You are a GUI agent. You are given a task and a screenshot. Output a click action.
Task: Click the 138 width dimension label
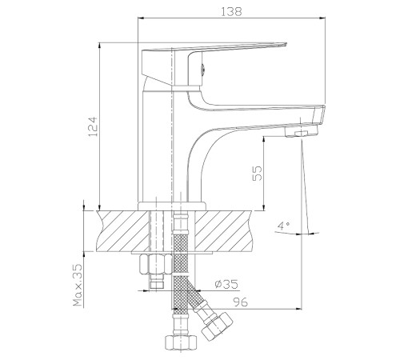click(231, 11)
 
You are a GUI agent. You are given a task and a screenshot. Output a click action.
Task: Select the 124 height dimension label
click(93, 126)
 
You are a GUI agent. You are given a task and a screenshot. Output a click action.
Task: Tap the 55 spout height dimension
click(257, 174)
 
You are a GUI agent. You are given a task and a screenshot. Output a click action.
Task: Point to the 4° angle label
click(283, 226)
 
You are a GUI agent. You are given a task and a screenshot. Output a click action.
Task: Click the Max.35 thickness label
click(78, 285)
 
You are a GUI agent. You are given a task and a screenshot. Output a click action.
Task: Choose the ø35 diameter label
click(226, 284)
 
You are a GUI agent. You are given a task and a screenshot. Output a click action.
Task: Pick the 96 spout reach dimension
click(241, 302)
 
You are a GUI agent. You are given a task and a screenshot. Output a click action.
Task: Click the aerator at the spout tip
click(302, 131)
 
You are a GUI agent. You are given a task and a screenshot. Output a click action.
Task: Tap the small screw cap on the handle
click(202, 70)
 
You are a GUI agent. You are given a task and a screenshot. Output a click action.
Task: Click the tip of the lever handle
click(286, 44)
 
